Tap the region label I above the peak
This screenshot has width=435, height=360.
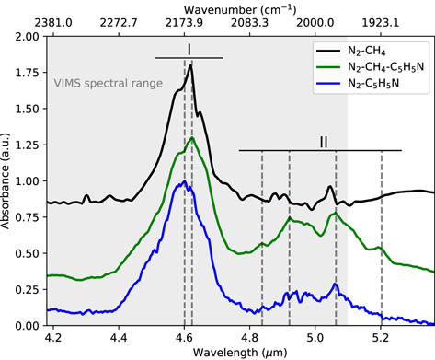(189, 48)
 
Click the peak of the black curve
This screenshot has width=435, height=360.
(190, 64)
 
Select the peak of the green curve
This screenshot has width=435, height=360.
(191, 138)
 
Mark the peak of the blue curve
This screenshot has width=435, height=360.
(187, 181)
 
